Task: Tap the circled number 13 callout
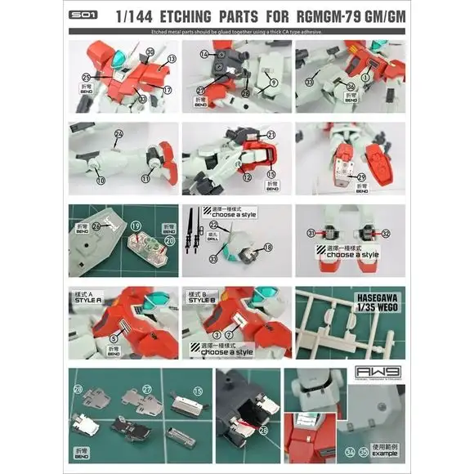tap(172, 60)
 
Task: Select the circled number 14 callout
tap(204, 54)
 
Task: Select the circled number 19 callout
tap(136, 223)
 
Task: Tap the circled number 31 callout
tap(311, 233)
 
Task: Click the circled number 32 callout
tap(386, 233)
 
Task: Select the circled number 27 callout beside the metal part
tap(148, 391)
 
